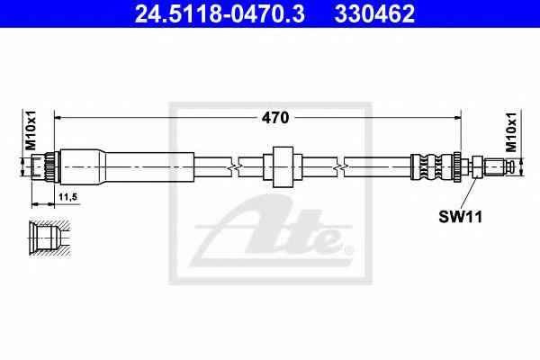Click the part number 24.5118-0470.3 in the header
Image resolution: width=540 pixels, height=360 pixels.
[x=220, y=13]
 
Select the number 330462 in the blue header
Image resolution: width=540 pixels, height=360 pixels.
[x=374, y=13]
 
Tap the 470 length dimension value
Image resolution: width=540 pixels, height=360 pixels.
[x=275, y=118]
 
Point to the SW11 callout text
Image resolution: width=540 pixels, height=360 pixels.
[x=461, y=217]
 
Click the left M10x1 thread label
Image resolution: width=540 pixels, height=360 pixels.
[x=31, y=130]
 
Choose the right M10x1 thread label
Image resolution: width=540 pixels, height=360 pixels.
[x=511, y=132]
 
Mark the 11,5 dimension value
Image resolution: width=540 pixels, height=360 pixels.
[x=67, y=197]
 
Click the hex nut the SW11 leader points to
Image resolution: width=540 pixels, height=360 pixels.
[x=477, y=167]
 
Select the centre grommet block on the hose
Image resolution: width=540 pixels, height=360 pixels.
[x=283, y=167]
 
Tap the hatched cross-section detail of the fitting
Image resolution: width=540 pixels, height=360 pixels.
[x=49, y=238]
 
